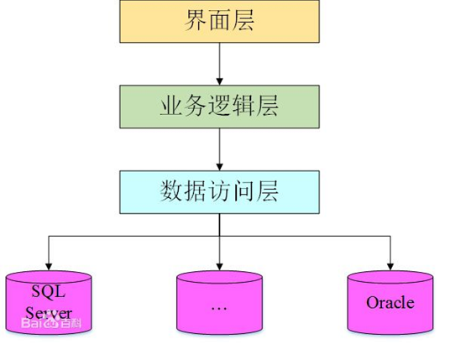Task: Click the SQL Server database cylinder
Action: (x=48, y=303)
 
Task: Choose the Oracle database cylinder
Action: (x=390, y=303)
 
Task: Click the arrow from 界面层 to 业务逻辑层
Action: (x=219, y=62)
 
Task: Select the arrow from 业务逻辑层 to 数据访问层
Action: (x=219, y=148)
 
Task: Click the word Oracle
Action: (x=390, y=303)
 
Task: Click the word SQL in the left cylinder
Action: (x=48, y=292)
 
